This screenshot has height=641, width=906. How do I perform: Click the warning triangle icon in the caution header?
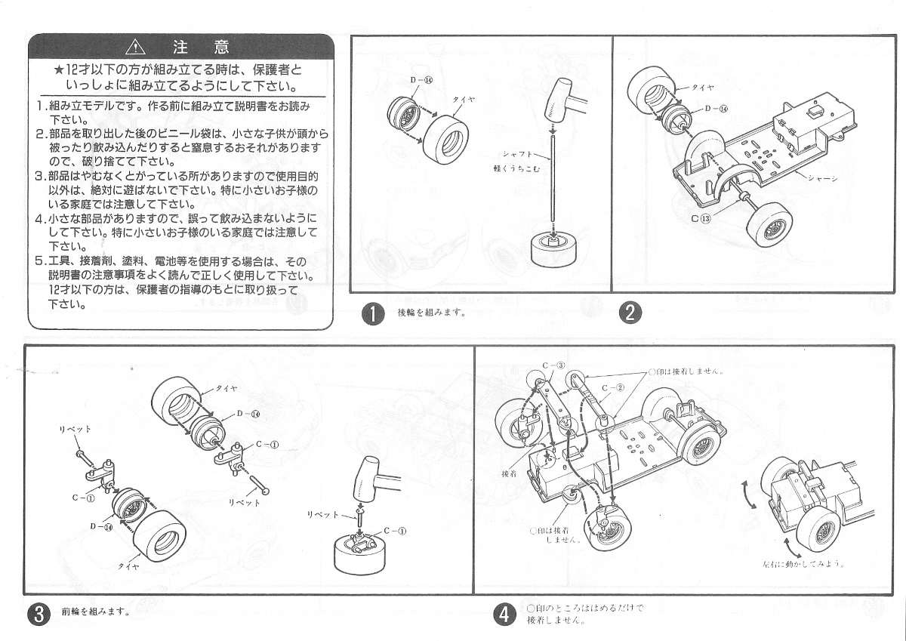click(135, 47)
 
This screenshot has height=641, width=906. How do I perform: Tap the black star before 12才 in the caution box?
click(59, 70)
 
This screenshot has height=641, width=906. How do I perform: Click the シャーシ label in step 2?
click(821, 178)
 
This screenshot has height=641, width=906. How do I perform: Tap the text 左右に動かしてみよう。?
click(803, 563)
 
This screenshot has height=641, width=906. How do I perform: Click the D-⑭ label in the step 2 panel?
click(716, 108)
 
